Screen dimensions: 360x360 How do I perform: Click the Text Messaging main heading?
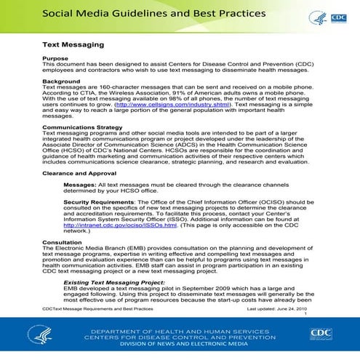73,44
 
